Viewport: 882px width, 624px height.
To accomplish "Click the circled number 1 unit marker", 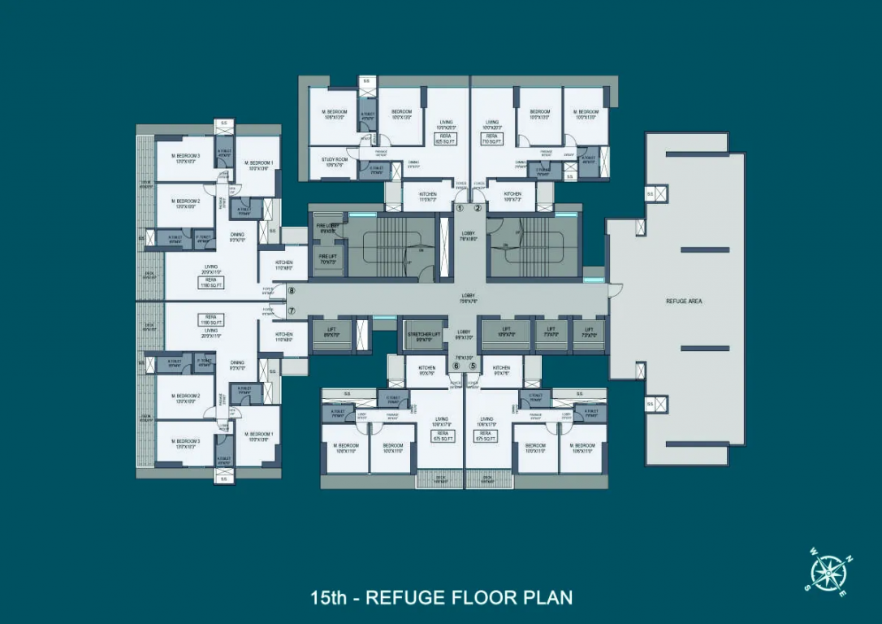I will pos(459,208).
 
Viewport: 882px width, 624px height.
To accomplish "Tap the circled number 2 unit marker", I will pos(478,208).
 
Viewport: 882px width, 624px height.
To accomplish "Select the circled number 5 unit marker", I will pos(473,366).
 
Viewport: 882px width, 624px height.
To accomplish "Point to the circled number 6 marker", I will pos(456,366).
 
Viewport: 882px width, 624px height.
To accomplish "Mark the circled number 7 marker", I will pos(292,311).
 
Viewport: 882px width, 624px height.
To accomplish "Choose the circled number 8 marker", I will pos(292,290).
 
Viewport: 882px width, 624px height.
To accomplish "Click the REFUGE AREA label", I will pos(684,301).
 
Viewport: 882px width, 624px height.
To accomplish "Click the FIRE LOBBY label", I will pos(328,228).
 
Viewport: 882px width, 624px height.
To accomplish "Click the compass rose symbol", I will pos(828,574).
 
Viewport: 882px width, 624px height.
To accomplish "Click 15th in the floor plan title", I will pos(330,598).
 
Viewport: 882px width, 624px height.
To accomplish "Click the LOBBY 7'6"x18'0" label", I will pos(469,236).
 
